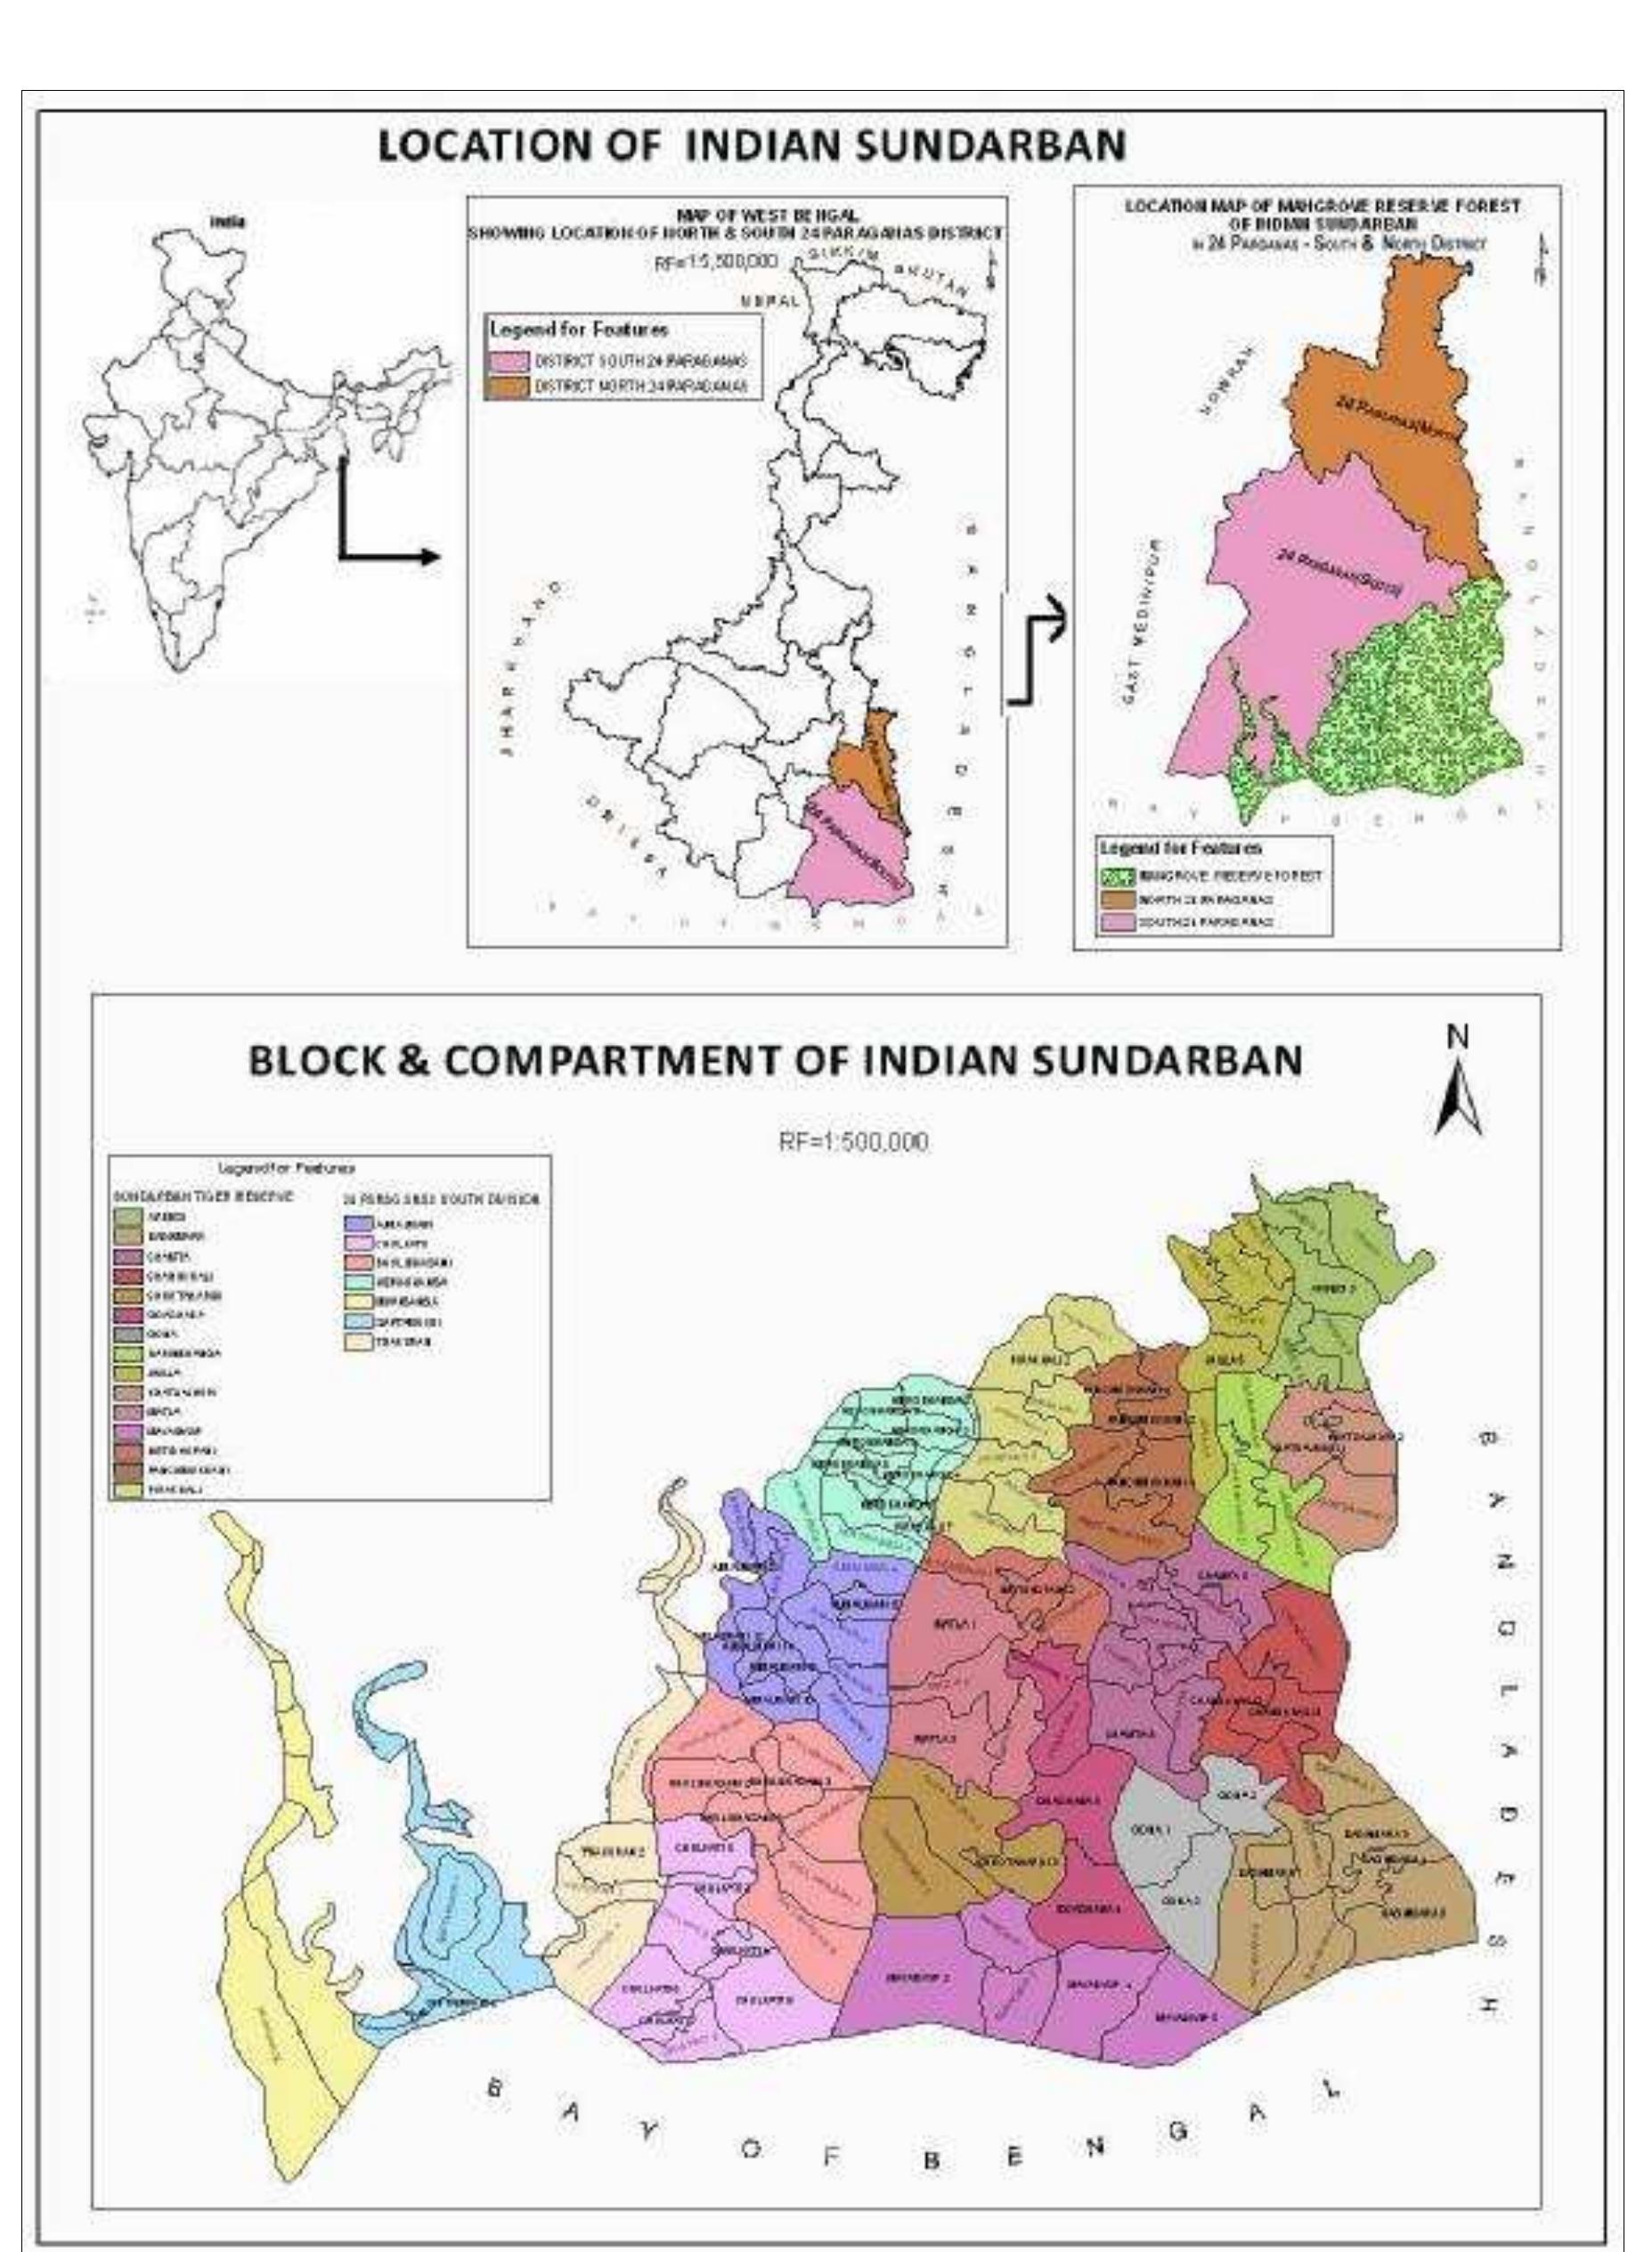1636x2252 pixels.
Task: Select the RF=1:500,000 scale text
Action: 854,1143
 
